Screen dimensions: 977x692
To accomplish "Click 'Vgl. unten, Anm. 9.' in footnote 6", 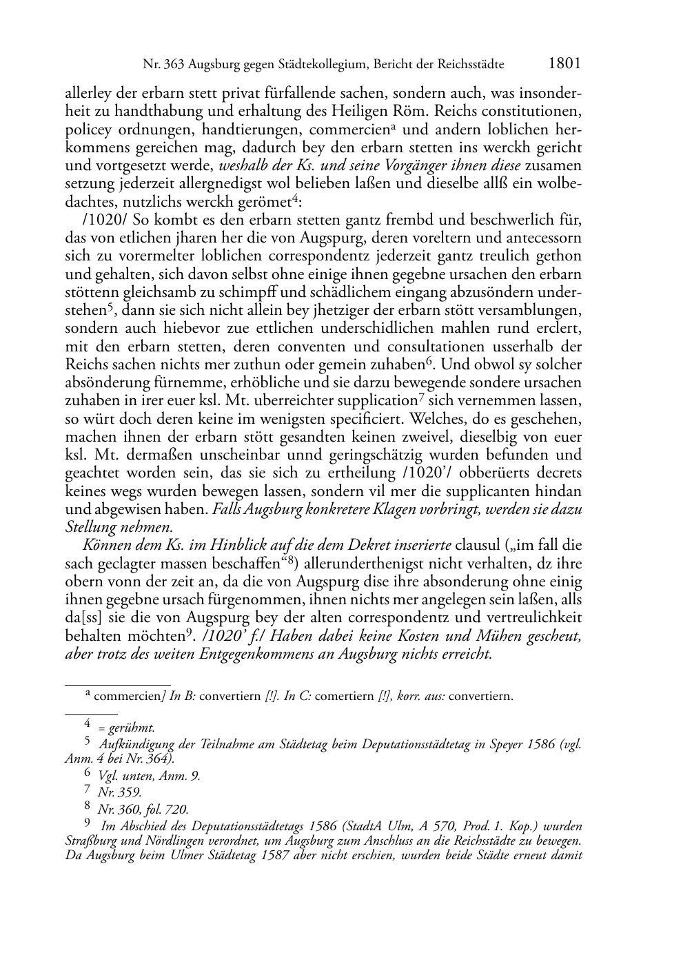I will (x=150, y=776).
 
